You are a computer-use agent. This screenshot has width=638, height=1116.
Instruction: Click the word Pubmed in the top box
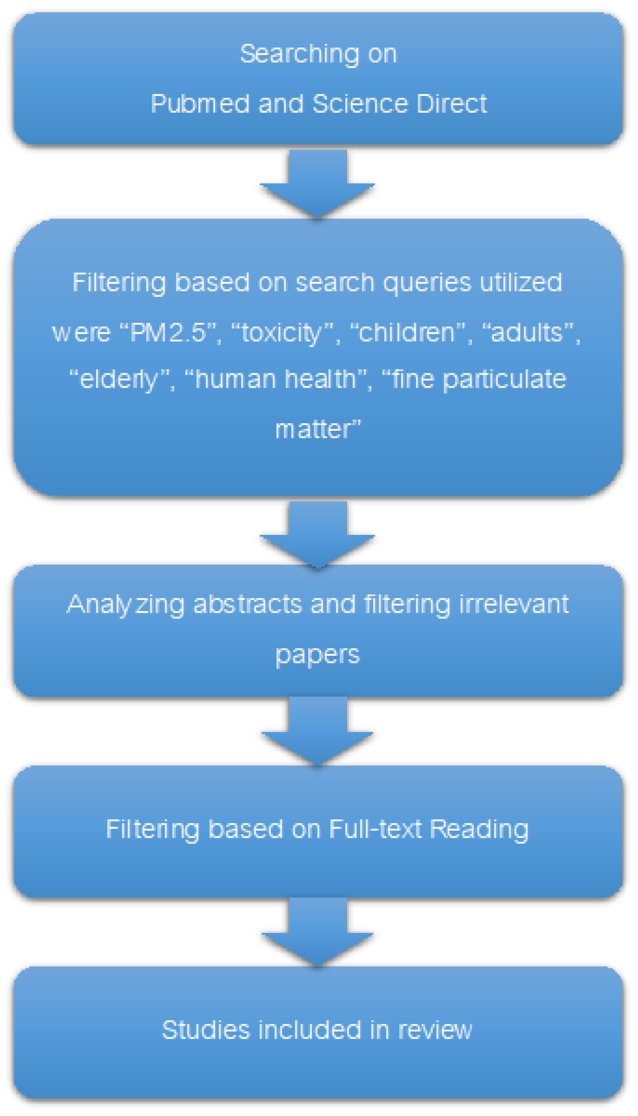pos(200,104)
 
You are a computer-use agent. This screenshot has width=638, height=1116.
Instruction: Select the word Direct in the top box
pos(451,104)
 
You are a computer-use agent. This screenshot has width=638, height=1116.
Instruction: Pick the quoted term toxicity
pos(282,332)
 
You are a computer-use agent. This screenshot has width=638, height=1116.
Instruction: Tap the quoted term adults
pos(528,332)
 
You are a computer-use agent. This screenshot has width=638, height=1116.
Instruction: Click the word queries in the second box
pos(427,283)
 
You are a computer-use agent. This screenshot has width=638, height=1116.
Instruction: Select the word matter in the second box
pos(318,429)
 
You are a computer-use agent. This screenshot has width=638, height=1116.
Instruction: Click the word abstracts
pos(248,604)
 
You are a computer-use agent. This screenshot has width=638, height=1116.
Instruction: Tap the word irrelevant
pos(514,604)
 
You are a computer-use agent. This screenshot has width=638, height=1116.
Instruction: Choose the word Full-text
pos(375,829)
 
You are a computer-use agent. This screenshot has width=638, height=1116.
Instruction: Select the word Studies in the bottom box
pos(206,1030)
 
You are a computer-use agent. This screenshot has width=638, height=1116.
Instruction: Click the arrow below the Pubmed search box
pos(318,184)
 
